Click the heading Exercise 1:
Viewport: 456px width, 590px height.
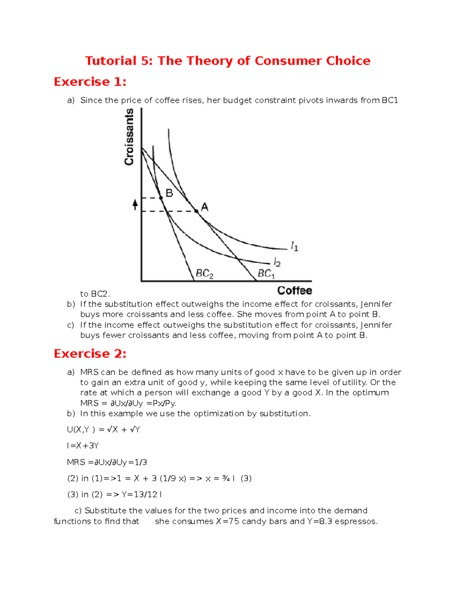90,82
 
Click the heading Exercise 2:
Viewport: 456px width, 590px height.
90,354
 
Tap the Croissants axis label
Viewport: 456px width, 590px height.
130,137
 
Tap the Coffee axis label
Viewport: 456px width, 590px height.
294,291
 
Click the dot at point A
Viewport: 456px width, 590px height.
196,211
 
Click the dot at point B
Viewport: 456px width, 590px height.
161,198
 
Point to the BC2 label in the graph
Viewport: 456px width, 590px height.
204,274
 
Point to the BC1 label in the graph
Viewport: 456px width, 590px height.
266,274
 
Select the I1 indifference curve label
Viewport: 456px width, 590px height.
294,247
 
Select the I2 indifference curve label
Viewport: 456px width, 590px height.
277,262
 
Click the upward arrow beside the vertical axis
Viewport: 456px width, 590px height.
135,205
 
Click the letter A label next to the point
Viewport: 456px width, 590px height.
204,207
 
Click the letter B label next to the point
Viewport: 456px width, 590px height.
169,193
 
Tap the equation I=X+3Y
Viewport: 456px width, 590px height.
83,446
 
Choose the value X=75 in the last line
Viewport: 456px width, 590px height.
228,521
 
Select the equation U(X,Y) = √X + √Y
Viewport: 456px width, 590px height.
104,430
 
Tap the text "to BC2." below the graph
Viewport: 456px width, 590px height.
95,294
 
